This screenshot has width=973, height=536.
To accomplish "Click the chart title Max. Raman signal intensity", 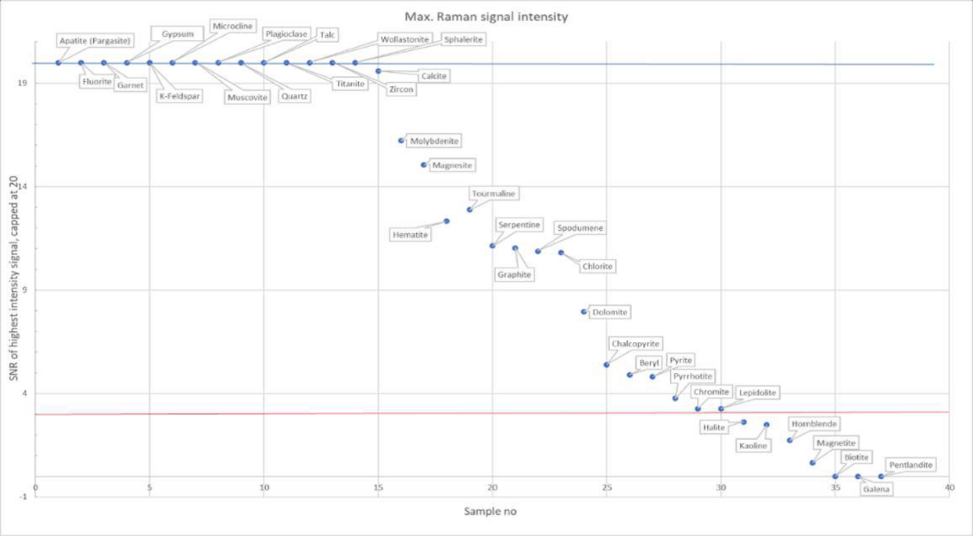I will click(486, 16).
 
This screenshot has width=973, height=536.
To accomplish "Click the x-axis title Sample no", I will click(490, 512).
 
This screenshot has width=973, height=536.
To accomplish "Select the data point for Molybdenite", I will click(401, 141).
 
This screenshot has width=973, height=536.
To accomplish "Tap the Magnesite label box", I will click(452, 166).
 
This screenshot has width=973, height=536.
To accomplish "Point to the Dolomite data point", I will click(583, 311).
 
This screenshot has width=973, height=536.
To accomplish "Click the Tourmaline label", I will click(494, 193).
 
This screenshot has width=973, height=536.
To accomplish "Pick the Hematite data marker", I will click(447, 221).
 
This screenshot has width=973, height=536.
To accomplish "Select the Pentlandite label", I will click(910, 465).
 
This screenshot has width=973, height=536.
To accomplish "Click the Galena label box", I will click(877, 490).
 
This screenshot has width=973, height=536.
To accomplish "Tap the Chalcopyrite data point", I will click(606, 365).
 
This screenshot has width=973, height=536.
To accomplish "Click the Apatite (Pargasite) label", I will click(95, 40).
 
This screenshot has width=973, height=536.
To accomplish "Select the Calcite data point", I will click(379, 70).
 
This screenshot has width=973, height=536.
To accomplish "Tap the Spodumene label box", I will click(580, 228).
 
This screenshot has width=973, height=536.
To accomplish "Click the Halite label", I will click(713, 427).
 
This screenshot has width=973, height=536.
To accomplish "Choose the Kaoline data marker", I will click(767, 425).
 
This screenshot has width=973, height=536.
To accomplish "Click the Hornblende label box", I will click(814, 424).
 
